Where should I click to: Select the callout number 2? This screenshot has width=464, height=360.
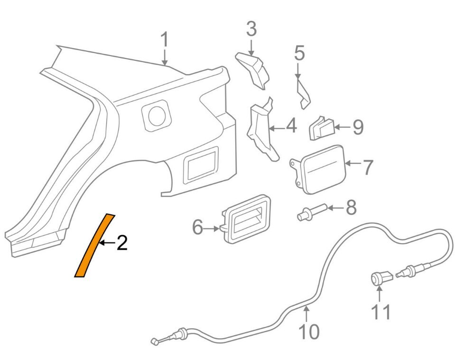122,242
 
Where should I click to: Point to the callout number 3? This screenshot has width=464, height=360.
251,29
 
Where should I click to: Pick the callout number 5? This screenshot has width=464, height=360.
299,53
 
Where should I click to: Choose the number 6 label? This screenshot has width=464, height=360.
198,228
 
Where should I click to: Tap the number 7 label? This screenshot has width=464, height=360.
368,167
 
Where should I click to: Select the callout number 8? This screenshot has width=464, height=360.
351,207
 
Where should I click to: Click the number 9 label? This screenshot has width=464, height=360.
357,127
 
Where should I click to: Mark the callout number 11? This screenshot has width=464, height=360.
381,312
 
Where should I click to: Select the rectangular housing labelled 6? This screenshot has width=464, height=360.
246,218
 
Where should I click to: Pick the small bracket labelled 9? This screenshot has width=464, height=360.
321,128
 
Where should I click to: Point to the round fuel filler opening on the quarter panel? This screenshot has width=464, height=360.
157,116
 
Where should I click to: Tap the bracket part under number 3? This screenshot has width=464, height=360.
253,70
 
